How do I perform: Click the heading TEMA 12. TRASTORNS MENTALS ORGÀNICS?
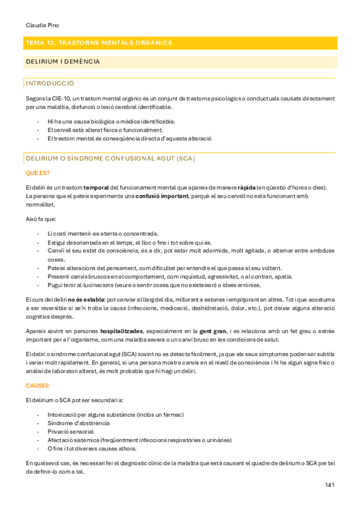tap(99, 43)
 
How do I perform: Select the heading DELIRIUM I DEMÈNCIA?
tap(63, 61)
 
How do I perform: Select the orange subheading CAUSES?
tap(37, 385)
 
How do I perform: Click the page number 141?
tap(329, 485)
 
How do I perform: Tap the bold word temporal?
tap(96, 188)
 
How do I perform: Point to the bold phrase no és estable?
tap(85, 299)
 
